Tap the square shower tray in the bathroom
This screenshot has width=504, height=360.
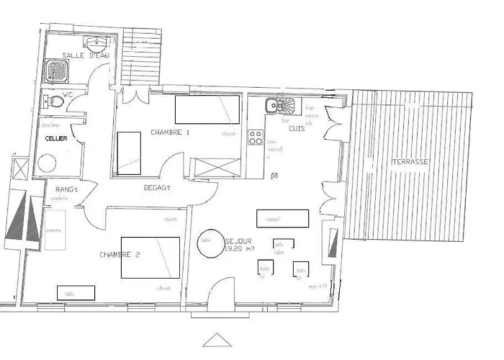[57, 70]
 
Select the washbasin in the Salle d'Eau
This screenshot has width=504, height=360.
[92, 40]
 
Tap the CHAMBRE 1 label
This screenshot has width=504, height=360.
[170, 132]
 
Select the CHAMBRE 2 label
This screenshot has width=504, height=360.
[120, 255]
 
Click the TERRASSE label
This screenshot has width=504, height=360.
[410, 162]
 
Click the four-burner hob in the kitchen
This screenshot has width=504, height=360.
[255, 137]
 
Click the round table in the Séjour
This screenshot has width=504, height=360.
[207, 242]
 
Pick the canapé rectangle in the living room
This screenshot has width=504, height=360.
[283, 218]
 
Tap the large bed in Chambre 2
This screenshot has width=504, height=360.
[150, 256]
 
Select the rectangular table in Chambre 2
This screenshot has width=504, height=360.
[76, 292]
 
